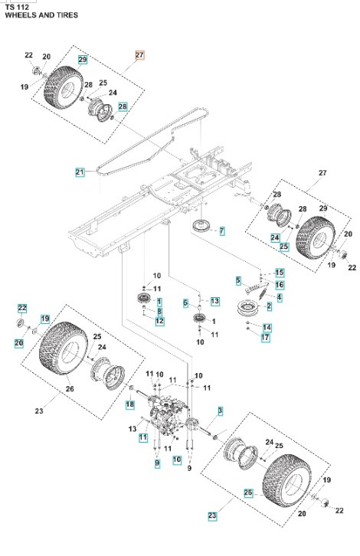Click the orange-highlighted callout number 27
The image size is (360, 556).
pos(139,55)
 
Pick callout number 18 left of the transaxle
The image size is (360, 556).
pos(130,404)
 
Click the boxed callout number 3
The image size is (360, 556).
pos(220,411)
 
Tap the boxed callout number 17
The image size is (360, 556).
pos(266,337)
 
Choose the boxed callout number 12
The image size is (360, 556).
pos(159,321)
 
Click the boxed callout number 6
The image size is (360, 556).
pos(186,303)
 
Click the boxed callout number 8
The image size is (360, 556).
pos(159,312)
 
